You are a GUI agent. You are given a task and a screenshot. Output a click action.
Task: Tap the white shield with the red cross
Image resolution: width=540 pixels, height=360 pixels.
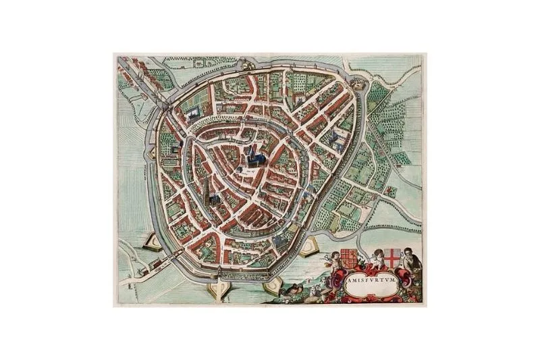coord(392,257)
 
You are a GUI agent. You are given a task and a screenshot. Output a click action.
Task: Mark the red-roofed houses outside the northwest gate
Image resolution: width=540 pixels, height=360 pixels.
coord(138,71)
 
